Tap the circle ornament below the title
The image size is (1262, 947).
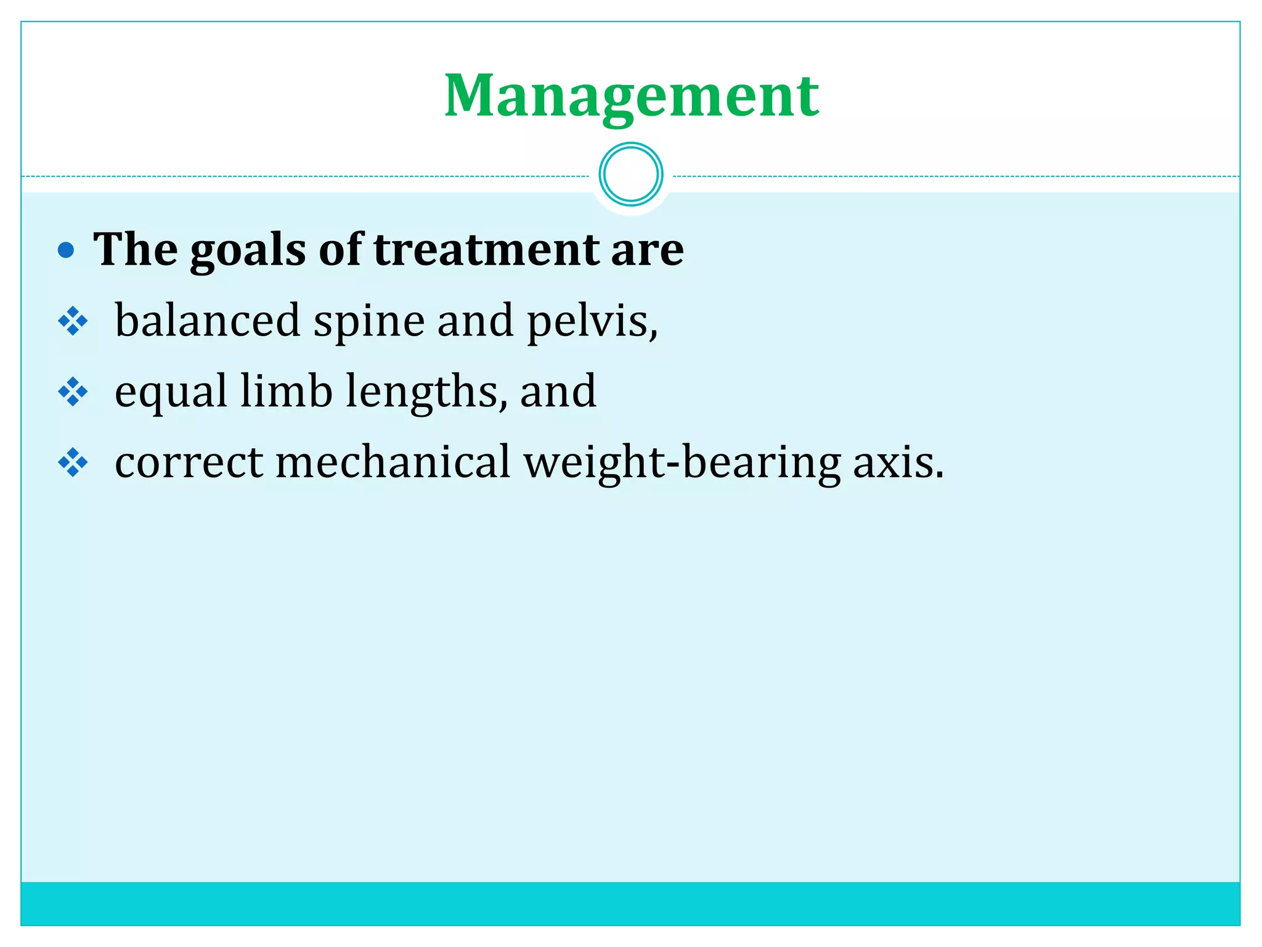tap(631, 174)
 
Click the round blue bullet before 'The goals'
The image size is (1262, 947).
tap(66, 250)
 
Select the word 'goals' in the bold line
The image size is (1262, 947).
tap(248, 250)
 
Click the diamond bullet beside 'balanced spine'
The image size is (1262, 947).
tap(73, 321)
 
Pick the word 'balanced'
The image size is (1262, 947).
tap(208, 321)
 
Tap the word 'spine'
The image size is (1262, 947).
tap(368, 322)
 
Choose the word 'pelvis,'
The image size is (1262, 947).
tap(592, 321)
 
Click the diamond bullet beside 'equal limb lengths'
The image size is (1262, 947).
tap(73, 392)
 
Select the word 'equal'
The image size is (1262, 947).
tap(171, 392)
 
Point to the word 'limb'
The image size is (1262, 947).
tap(286, 391)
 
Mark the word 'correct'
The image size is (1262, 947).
tap(189, 462)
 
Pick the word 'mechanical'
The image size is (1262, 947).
tap(393, 462)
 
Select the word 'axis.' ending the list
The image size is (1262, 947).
tap(898, 462)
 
